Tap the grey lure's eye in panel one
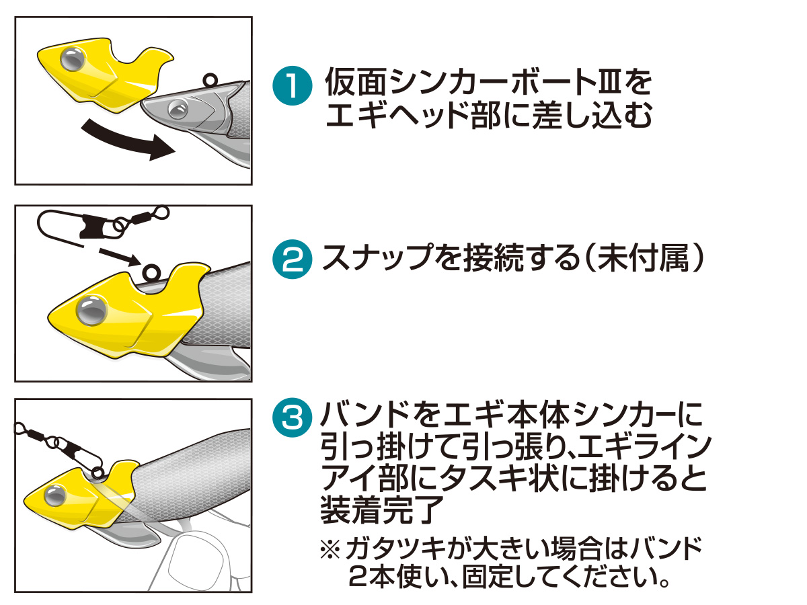pyautogui.click(x=177, y=107)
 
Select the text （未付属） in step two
pyautogui.click(x=638, y=258)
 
